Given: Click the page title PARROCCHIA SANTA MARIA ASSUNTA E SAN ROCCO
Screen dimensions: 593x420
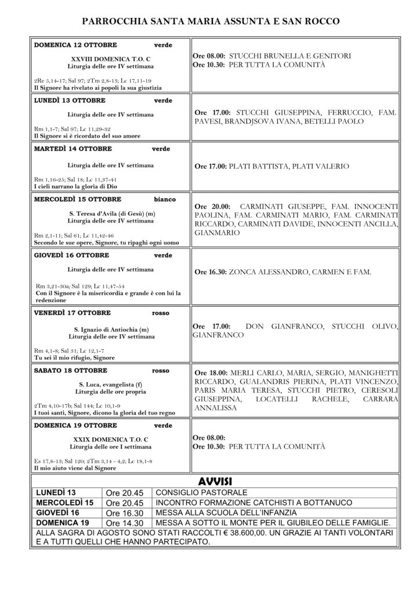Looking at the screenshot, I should coord(210,22).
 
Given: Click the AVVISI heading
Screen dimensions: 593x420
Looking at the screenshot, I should coord(214,481).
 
